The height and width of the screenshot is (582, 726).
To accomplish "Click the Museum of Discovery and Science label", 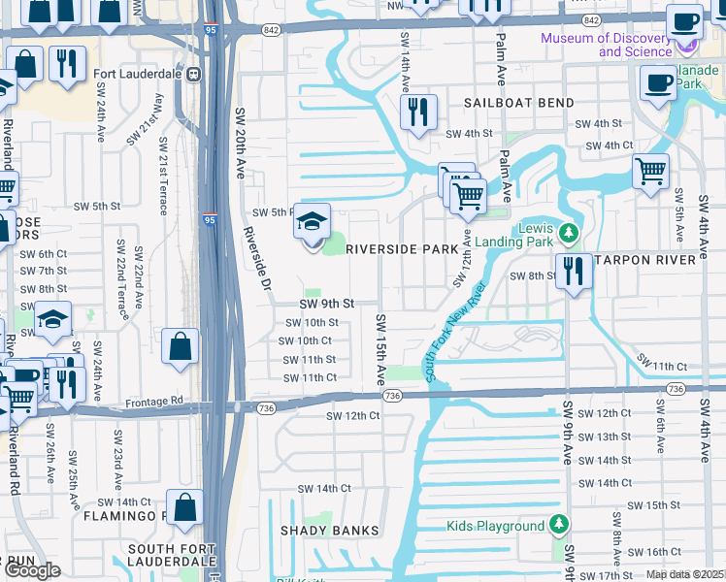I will click(606, 45).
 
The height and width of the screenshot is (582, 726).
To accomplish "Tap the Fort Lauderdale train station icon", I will click(194, 74).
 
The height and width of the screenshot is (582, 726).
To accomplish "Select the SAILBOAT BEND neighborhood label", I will click(518, 103).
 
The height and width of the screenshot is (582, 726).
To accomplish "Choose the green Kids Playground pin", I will click(558, 526).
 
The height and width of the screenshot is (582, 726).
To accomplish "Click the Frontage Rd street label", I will click(155, 400).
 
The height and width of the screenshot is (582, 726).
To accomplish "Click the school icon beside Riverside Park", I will click(313, 222).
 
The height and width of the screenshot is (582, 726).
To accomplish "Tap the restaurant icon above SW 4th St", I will click(419, 112).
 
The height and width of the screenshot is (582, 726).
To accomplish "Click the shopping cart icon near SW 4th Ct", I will click(650, 172).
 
